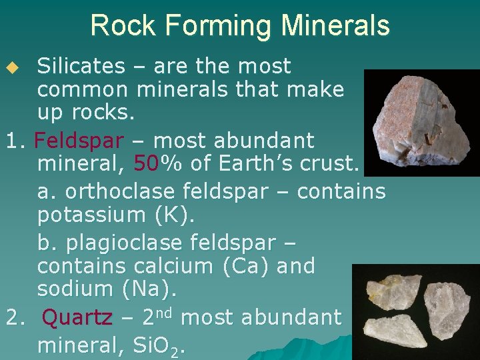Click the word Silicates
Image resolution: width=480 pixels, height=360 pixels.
(x=81, y=66)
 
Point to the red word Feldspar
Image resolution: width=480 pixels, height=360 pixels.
(x=79, y=141)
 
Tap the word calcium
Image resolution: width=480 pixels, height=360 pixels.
(x=174, y=266)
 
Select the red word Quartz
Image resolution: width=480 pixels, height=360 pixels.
(x=77, y=318)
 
